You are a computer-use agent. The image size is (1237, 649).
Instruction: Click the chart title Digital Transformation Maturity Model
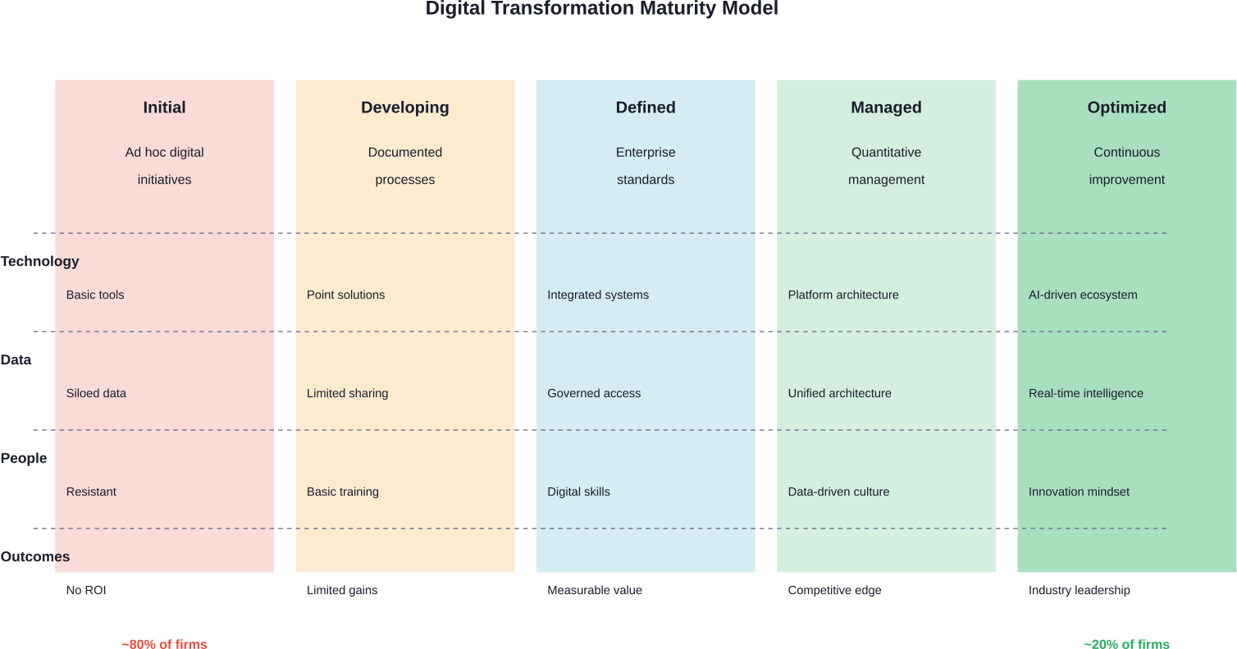(x=601, y=9)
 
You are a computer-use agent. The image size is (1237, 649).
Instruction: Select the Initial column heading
(x=164, y=107)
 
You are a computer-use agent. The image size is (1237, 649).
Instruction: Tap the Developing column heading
(x=404, y=107)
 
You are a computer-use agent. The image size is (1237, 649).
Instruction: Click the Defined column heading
(x=646, y=107)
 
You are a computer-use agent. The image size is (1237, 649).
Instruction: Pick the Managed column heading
(x=886, y=107)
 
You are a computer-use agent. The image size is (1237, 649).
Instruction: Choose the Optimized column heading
(x=1126, y=107)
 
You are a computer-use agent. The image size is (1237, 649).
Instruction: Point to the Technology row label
(x=39, y=262)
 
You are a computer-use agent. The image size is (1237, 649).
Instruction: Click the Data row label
(x=16, y=360)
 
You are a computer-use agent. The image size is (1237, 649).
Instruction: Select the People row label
(x=24, y=459)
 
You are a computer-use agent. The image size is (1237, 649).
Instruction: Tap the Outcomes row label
(x=35, y=557)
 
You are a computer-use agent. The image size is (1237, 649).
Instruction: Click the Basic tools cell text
(x=95, y=295)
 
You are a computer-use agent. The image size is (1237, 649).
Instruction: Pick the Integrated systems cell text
(x=598, y=295)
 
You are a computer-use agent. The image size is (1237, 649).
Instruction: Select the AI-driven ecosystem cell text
(x=1083, y=295)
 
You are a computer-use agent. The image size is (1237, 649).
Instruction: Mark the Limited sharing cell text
(x=347, y=394)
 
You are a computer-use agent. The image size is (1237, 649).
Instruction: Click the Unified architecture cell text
(x=839, y=394)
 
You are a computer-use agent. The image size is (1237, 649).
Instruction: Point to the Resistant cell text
(x=91, y=492)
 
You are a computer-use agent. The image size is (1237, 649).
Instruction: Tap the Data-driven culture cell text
(x=838, y=492)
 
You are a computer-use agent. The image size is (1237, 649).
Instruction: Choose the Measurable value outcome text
(x=595, y=591)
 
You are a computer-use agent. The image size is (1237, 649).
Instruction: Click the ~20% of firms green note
(x=1126, y=644)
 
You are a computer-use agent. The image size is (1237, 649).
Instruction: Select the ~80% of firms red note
(x=164, y=644)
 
